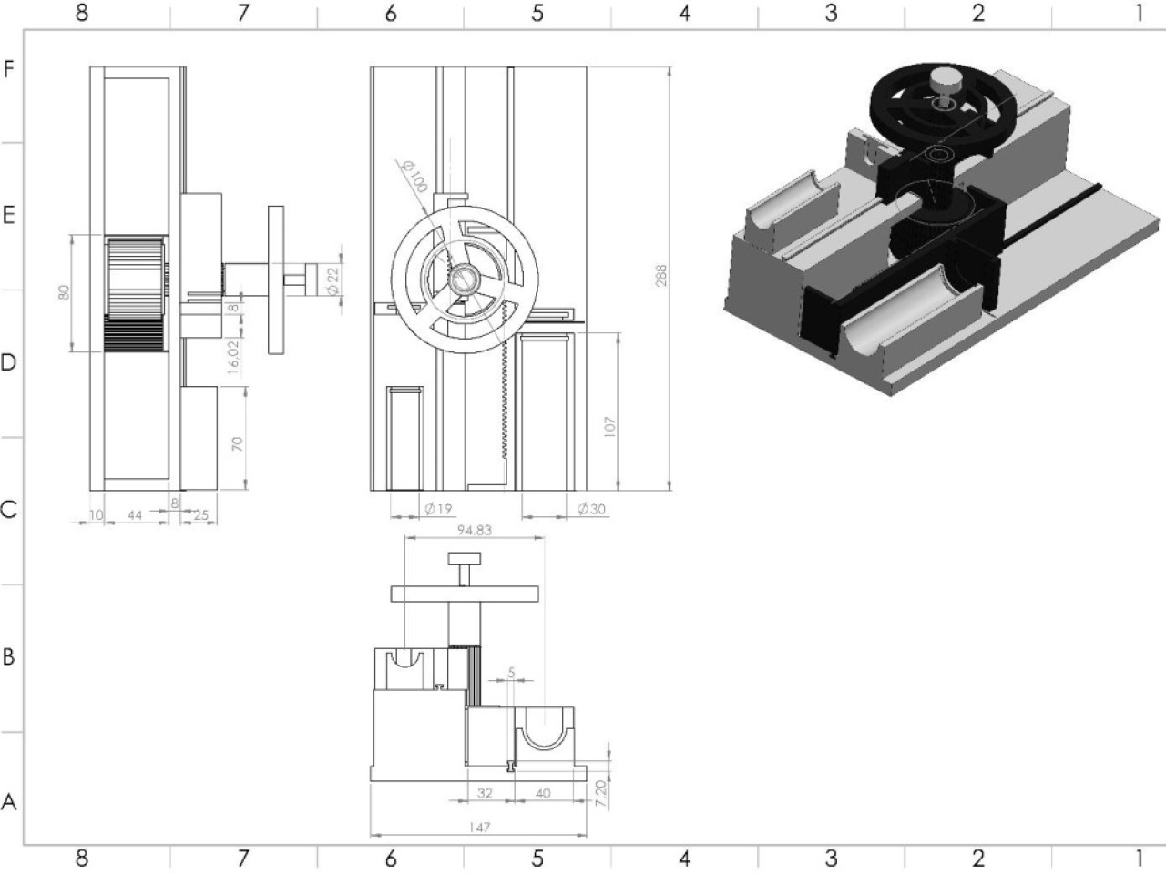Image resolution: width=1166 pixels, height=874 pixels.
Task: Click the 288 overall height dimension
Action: click(661, 276)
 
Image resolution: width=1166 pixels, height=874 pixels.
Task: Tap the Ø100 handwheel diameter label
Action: click(415, 177)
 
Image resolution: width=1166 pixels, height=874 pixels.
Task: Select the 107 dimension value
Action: click(609, 427)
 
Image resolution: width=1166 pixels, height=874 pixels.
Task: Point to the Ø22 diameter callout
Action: click(333, 280)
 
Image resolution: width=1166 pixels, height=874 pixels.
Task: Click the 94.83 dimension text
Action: click(475, 530)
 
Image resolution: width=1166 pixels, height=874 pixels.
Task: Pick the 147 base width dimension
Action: click(479, 828)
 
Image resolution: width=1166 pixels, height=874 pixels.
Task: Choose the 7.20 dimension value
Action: click(601, 793)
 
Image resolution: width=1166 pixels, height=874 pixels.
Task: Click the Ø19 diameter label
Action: click(439, 509)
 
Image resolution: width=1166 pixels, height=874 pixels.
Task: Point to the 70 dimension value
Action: click(237, 443)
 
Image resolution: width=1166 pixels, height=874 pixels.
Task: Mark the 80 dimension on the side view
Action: click(64, 292)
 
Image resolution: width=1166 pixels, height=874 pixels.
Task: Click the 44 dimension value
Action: click(135, 514)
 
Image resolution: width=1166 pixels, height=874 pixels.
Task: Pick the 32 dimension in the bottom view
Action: click(485, 793)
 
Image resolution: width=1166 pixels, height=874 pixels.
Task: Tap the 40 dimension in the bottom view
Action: click(543, 793)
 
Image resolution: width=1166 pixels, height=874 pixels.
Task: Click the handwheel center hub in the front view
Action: click(464, 279)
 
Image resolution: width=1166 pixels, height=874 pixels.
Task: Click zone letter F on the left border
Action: click(8, 69)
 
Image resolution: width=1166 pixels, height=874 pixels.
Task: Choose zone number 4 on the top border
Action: click(684, 13)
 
